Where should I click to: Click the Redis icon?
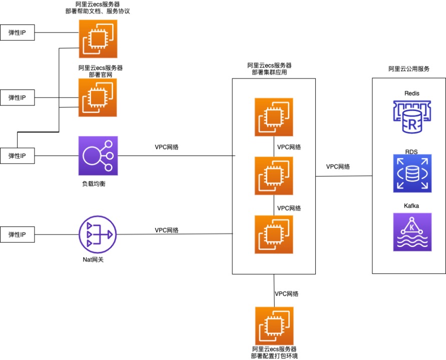411,117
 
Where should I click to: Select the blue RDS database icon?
412,173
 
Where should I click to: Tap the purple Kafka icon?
412,231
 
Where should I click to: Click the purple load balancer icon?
98,155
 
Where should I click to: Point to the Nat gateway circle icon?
97,234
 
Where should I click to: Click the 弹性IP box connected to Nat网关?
18,234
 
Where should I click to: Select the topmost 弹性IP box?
18,33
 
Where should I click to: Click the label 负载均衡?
94,184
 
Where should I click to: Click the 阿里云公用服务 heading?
409,69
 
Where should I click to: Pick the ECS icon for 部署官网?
98,97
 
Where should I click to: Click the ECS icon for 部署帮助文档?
98,39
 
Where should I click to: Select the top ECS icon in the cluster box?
274,117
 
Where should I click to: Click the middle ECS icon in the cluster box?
274,175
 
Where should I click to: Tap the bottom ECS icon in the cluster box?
274,234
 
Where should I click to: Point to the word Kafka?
411,205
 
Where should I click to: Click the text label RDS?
411,151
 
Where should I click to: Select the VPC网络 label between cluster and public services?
338,166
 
